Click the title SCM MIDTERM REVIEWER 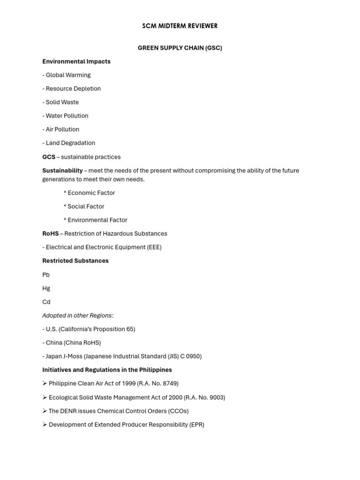pos(180,26)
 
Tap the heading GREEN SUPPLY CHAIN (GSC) pos(180,48)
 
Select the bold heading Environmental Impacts pos(76,61)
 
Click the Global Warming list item pos(68,75)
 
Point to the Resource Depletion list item pos(73,89)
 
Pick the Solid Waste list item pos(62,102)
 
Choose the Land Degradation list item pos(70,143)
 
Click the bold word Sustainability pos(62,171)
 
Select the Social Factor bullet pos(86,206)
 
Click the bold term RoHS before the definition pos(51,233)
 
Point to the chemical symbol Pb pos(46,275)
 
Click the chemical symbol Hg pos(46,288)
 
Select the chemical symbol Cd pos(46,302)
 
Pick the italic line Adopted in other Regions pos(78,315)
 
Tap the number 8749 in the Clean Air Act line pos(169,383)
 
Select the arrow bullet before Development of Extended pos(45,425)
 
